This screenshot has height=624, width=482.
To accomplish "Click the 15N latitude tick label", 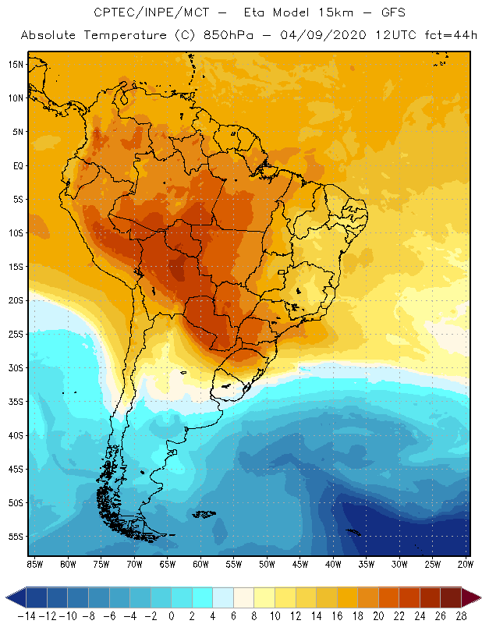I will click(16, 64).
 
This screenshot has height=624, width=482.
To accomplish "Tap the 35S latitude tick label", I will click(16, 402).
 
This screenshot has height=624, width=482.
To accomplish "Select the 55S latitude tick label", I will click(16, 537).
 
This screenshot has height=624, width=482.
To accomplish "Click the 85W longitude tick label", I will click(35, 563).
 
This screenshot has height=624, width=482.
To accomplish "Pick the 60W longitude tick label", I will click(201, 563).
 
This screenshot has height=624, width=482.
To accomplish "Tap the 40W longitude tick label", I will click(334, 563).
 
